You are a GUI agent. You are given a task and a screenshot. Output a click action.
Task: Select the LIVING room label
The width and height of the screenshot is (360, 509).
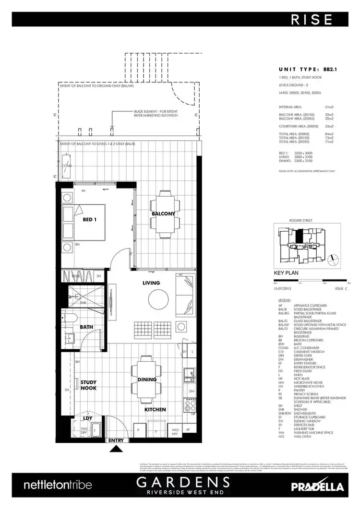pos(151,283)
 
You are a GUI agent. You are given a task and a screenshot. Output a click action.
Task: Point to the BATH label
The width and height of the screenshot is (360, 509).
pos(86,328)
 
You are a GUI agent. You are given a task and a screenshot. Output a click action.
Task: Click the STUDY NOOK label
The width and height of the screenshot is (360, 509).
pos(89,385)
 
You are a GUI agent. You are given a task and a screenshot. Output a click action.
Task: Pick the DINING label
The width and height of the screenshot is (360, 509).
pos(147,379)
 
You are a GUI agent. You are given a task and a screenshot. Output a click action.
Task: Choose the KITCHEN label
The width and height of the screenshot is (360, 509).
pos(156,409)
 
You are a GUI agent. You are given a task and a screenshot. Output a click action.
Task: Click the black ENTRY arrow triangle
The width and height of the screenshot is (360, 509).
pos(116,449)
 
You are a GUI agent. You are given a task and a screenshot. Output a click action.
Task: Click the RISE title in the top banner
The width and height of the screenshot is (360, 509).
pos(312,19)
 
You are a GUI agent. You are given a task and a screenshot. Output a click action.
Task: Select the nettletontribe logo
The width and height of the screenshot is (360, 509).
pos(58,485)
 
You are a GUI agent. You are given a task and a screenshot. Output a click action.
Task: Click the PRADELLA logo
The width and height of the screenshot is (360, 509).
pos(317,486)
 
